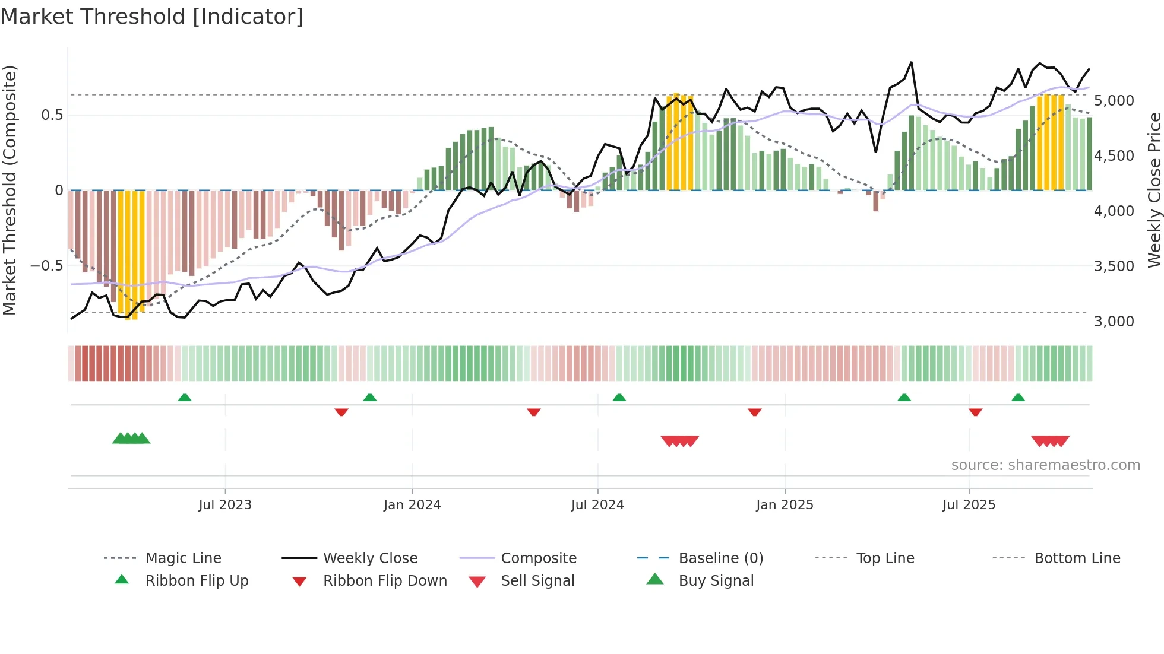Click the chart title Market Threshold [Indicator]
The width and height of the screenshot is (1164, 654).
tap(152, 17)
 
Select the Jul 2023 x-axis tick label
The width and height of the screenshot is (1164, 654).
tap(225, 505)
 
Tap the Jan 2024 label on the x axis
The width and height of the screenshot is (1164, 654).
tap(412, 505)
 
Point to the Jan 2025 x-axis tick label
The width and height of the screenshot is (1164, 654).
tap(785, 505)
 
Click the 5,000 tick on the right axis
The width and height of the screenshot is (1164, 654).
tap(1114, 101)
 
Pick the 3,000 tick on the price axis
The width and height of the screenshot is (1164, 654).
tap(1114, 322)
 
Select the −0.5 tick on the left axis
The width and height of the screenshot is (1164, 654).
tap(46, 265)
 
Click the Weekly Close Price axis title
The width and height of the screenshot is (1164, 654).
tap(1153, 190)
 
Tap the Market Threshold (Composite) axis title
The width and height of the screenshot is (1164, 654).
tap(10, 190)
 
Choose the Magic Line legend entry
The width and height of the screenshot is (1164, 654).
tap(183, 558)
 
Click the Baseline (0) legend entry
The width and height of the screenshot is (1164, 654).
tap(720, 558)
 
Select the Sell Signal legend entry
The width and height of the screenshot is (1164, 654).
tap(537, 581)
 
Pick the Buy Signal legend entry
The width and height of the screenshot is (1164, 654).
tap(716, 581)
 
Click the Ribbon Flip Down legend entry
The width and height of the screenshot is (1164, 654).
tap(385, 581)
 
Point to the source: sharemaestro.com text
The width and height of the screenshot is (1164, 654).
tap(1045, 465)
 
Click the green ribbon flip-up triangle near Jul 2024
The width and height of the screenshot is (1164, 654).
tap(619, 398)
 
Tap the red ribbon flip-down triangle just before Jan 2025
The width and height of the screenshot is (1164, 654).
tap(755, 412)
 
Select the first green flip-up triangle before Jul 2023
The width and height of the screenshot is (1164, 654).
tap(185, 398)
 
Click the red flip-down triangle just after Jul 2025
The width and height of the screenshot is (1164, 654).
tap(975, 412)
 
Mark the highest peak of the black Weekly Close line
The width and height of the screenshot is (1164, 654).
tap(911, 62)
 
